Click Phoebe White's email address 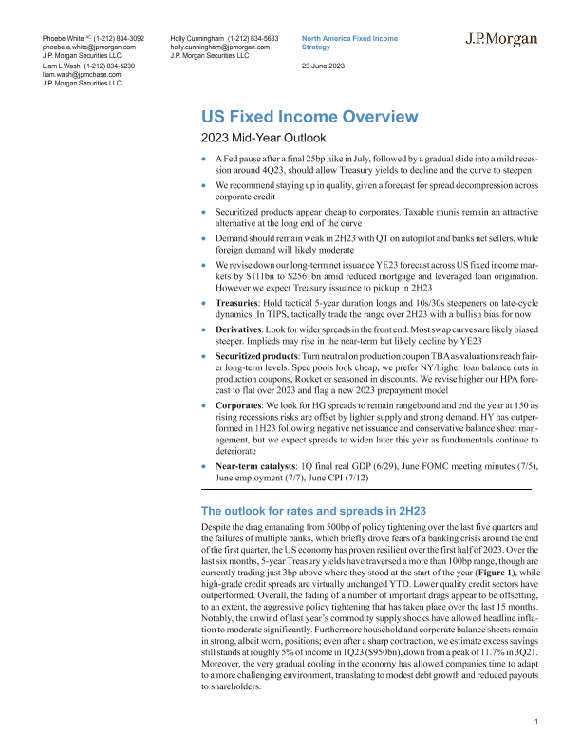(89, 46)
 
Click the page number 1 (536, 723)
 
